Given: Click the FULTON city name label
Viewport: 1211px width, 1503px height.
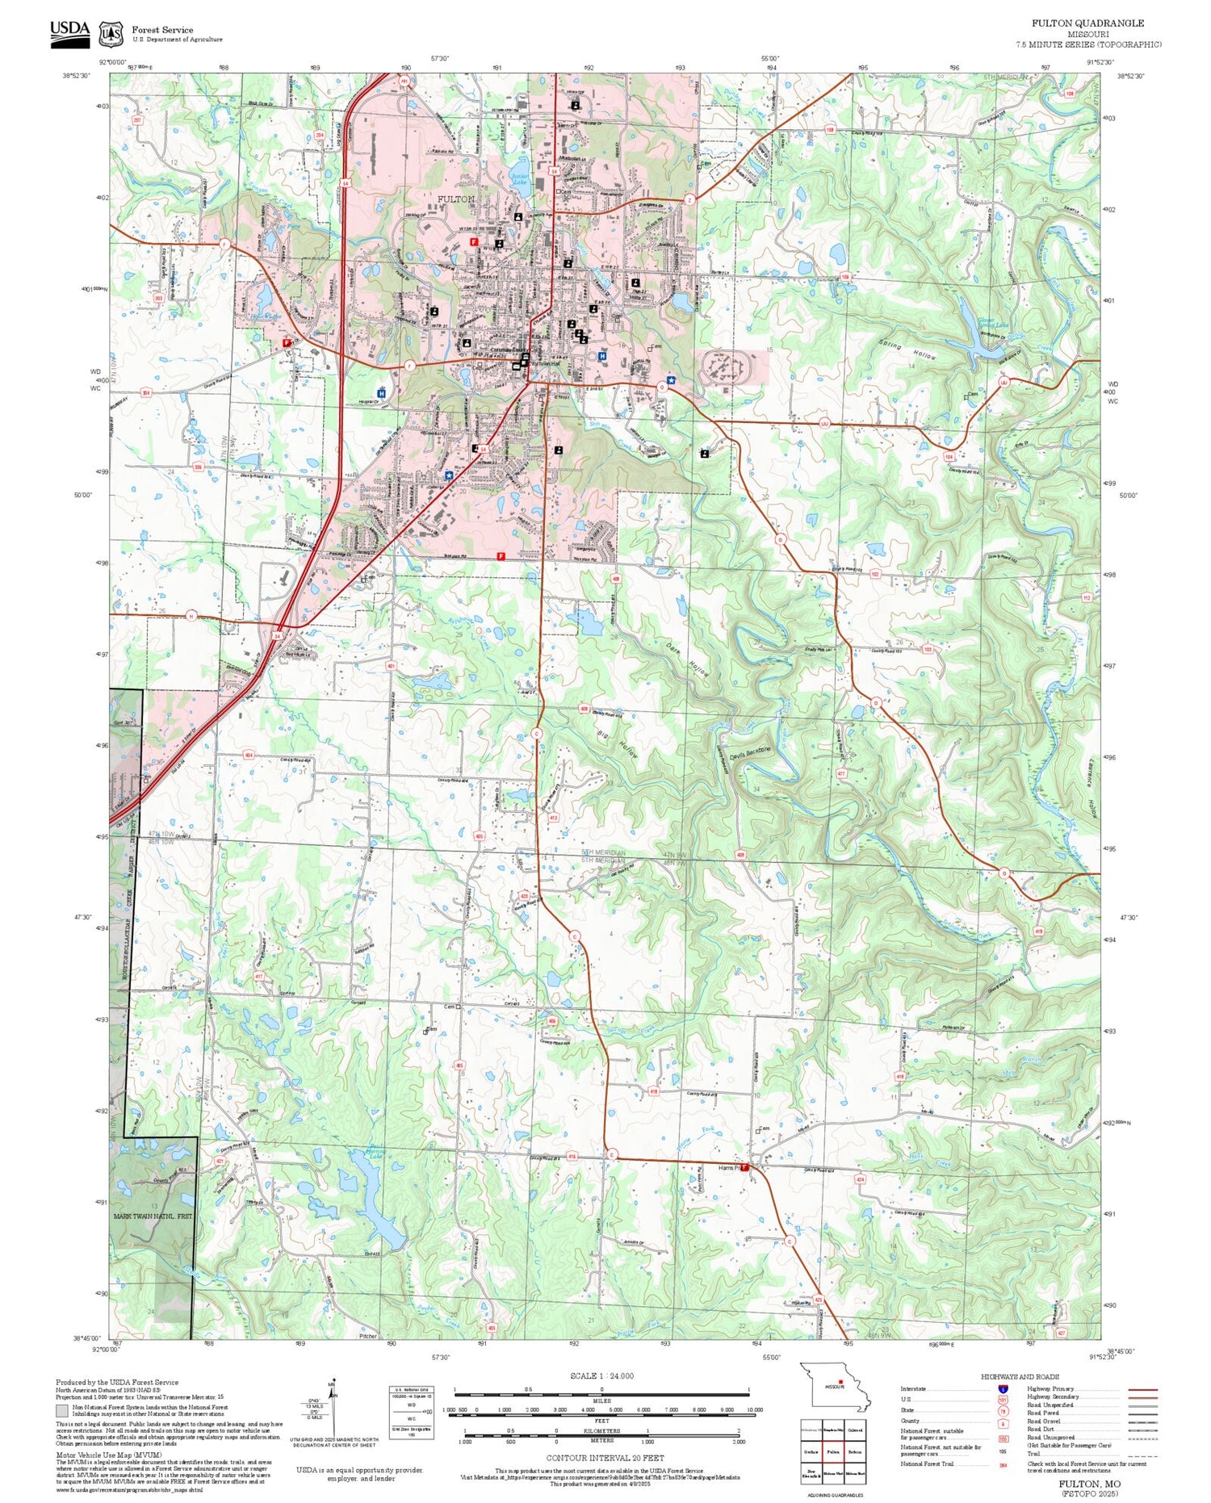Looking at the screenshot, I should (456, 199).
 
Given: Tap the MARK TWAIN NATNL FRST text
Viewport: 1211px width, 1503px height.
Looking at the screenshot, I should (153, 1216).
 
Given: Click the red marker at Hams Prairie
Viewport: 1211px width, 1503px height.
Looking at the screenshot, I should (745, 1167).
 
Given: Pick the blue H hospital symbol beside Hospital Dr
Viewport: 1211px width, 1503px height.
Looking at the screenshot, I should (381, 393).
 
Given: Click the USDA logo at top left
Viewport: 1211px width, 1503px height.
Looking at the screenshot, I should (70, 32).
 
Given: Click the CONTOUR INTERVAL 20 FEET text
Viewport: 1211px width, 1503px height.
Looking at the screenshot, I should (605, 1458).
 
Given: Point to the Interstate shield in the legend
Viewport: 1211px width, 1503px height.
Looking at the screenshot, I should (1003, 1388).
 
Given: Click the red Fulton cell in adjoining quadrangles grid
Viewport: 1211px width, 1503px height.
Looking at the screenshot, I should (833, 1451).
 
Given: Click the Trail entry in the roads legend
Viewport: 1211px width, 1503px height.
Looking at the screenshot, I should (1033, 1453).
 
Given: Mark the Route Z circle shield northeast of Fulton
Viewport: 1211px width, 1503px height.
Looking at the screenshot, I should (689, 199).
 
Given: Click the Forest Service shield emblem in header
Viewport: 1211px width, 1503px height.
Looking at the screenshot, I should (111, 34).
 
